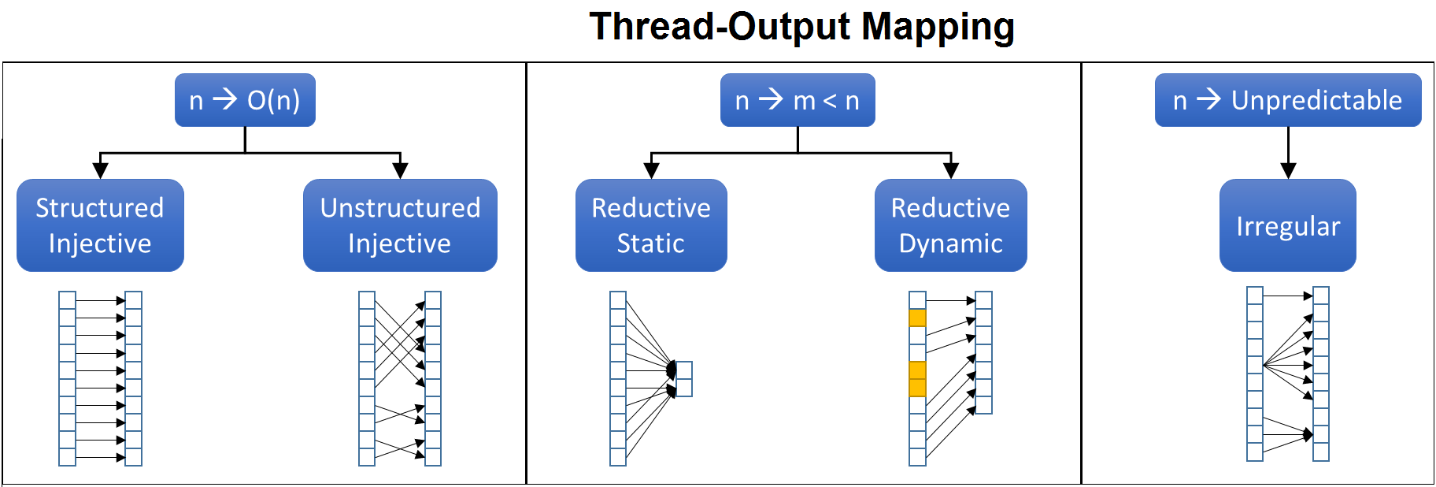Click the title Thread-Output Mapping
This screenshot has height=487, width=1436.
(801, 27)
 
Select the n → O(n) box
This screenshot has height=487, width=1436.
(245, 100)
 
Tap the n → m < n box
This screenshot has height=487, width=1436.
(798, 100)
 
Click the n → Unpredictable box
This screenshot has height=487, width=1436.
(1288, 100)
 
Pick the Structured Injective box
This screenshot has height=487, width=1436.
(100, 225)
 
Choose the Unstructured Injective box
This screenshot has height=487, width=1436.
(400, 225)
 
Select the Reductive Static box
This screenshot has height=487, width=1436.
(651, 225)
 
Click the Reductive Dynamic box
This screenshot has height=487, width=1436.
(951, 225)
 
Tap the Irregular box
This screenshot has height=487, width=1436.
(1288, 225)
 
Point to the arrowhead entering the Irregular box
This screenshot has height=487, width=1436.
(1288, 171)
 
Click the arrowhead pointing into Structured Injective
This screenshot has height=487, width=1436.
(100, 171)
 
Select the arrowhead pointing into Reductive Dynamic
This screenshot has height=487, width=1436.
(951, 171)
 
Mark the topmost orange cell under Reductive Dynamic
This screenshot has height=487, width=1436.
(917, 318)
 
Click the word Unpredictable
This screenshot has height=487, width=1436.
(1316, 101)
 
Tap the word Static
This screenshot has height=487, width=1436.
(650, 243)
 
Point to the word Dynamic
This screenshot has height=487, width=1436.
(951, 244)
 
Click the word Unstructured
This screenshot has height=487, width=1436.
(400, 208)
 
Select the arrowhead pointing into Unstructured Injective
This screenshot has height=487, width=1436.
(400, 171)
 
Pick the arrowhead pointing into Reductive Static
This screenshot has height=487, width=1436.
(651, 171)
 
